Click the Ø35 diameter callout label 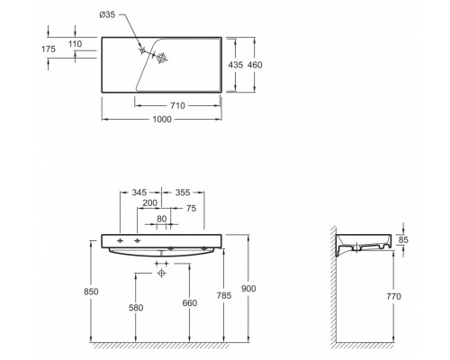(x=107, y=14)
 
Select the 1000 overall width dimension (x=162, y=119)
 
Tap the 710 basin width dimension (x=177, y=105)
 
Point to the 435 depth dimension (x=236, y=65)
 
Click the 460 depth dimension (x=255, y=65)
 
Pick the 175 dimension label (x=49, y=49)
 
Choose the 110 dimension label (x=75, y=44)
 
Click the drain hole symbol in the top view (x=162, y=58)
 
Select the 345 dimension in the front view (x=139, y=192)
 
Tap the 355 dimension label (x=183, y=192)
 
